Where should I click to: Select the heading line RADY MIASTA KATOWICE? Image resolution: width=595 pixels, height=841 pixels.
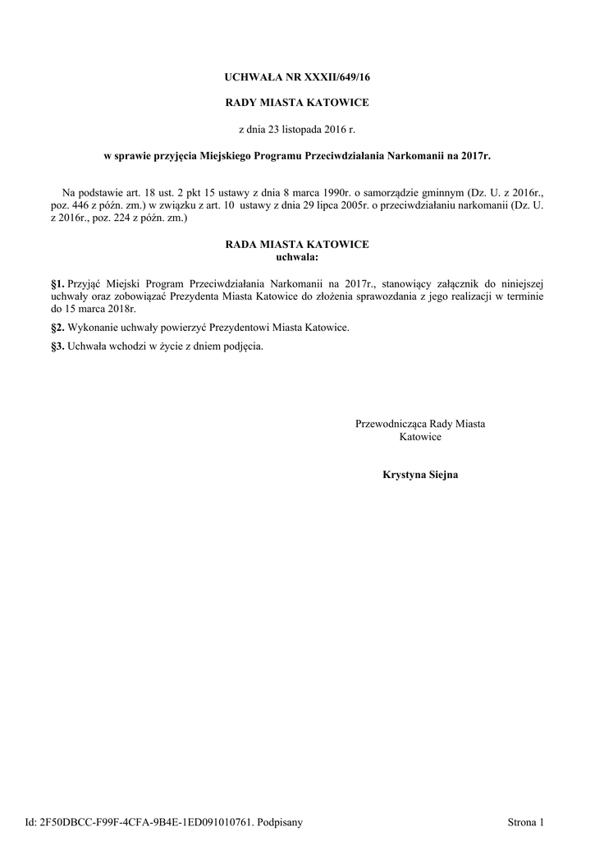point(297,103)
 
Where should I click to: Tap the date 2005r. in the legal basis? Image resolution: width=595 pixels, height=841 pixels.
point(329,205)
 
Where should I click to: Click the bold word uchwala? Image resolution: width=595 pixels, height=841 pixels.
point(297,257)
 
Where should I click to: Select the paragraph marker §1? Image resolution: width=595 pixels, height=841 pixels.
point(57,282)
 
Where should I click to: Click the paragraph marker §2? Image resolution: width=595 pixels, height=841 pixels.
point(57,328)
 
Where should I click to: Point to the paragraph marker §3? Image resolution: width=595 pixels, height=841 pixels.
point(57,346)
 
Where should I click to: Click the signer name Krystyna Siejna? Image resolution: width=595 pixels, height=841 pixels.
point(420,475)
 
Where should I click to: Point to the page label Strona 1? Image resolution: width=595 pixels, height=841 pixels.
point(526,821)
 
